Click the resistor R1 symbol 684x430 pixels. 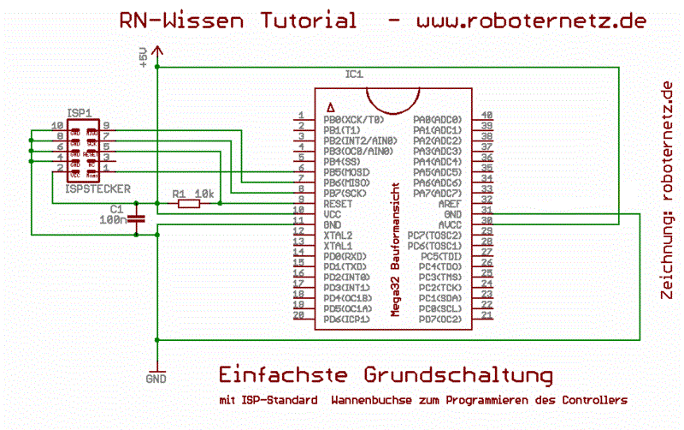188,203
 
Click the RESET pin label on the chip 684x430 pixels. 339,203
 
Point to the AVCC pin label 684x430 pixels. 448,224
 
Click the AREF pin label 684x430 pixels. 448,203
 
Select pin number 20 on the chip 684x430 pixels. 299,314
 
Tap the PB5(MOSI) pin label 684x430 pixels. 351,171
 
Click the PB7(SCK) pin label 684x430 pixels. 349,193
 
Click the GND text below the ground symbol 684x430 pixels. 156,378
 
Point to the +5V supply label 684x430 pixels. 144,57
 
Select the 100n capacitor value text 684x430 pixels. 111,220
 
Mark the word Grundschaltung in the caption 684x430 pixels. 458,374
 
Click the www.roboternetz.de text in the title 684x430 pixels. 531,21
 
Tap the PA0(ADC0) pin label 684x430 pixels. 437,119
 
